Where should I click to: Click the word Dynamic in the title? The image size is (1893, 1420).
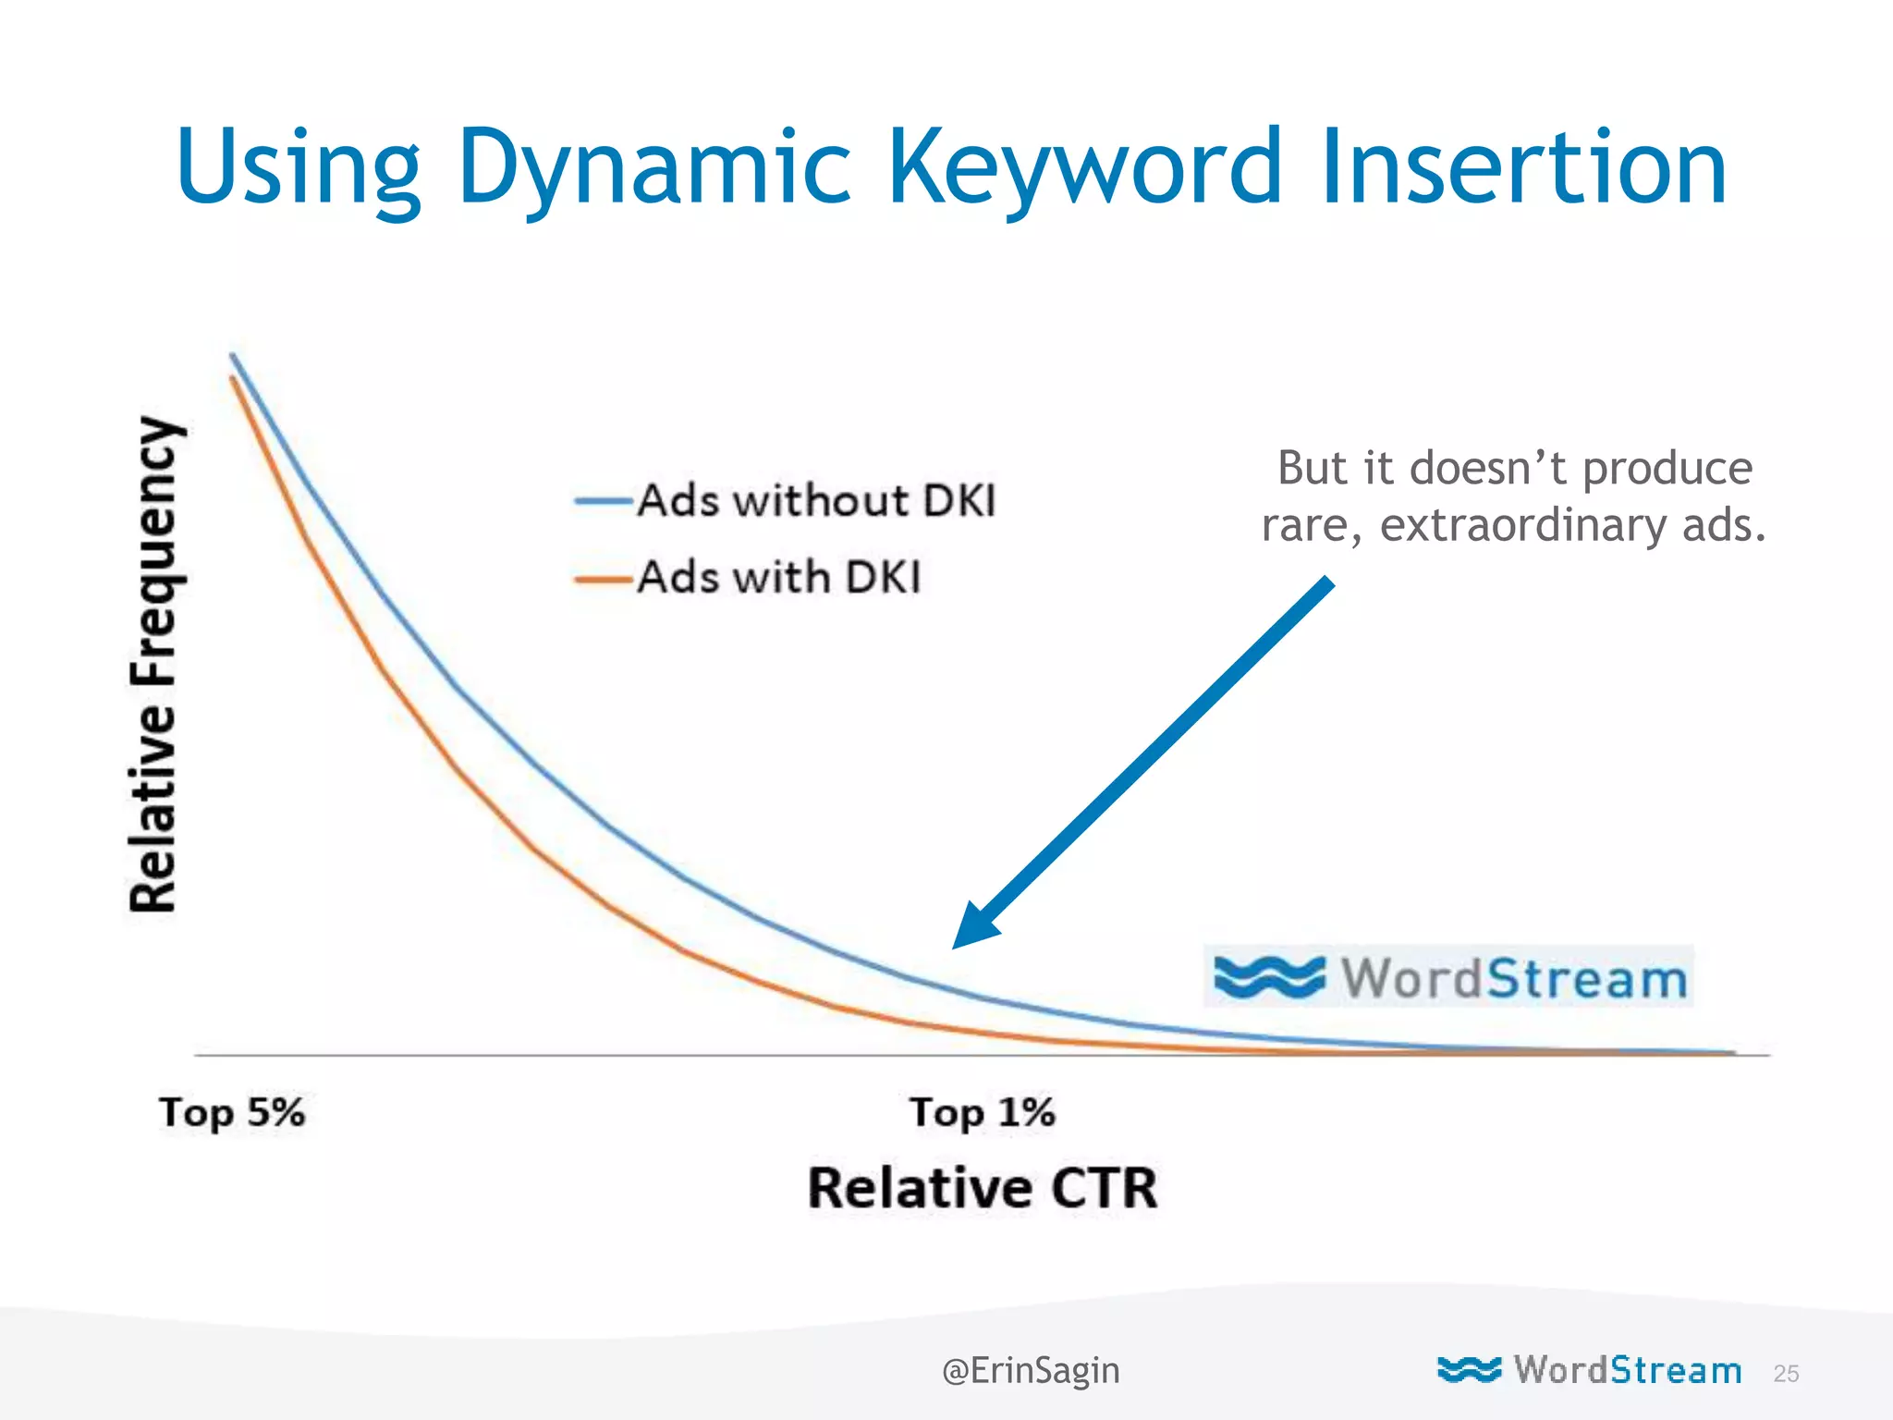click(653, 168)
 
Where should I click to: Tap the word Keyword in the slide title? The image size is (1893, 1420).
click(1085, 168)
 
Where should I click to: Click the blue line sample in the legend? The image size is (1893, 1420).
click(604, 502)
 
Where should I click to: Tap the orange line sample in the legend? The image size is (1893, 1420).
click(604, 580)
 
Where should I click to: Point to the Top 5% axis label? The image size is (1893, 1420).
click(231, 1112)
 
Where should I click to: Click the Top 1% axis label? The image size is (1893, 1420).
click(982, 1112)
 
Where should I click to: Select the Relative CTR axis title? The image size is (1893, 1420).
click(982, 1188)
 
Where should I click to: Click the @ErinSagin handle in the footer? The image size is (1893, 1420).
click(1030, 1370)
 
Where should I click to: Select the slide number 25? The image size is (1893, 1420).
click(1786, 1374)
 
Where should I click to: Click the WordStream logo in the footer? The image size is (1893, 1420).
click(1590, 1369)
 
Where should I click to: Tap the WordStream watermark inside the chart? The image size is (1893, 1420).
click(1449, 977)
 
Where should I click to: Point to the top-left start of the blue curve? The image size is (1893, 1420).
click(232, 355)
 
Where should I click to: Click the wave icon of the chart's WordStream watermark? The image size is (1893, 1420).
click(1268, 977)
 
